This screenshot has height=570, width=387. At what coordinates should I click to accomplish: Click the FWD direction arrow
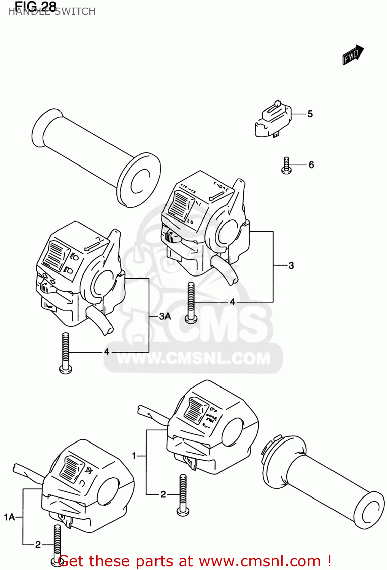(x=353, y=55)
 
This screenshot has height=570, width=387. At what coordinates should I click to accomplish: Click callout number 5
(x=310, y=114)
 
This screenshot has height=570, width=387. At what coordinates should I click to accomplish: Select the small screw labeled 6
(x=286, y=166)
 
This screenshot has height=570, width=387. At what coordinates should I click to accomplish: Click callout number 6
(x=311, y=165)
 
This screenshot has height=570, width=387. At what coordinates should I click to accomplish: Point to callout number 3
(x=291, y=265)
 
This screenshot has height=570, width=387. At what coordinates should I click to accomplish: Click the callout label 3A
(x=165, y=316)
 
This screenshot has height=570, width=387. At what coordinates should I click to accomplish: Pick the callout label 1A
(x=10, y=517)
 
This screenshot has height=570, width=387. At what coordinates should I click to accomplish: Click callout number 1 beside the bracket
(x=134, y=455)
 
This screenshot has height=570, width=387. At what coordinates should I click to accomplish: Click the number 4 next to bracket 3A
(x=107, y=352)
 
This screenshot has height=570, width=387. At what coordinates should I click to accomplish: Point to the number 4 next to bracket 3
(x=232, y=302)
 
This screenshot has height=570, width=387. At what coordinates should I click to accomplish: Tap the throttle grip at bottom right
(x=323, y=483)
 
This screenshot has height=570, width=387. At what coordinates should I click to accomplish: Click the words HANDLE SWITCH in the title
(x=52, y=12)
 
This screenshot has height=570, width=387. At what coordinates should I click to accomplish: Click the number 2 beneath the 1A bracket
(x=38, y=545)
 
